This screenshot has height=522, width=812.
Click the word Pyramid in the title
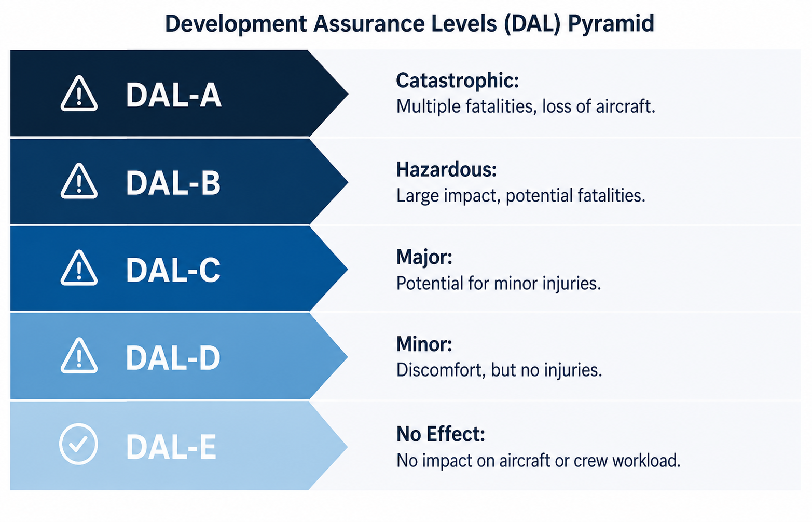(611, 24)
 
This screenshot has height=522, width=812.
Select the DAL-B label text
(173, 183)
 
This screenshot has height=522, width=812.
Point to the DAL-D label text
(173, 358)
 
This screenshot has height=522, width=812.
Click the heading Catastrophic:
(458, 81)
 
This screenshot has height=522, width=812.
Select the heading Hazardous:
(446, 169)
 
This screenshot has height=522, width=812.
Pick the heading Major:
(424, 258)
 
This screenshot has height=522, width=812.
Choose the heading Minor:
(424, 344)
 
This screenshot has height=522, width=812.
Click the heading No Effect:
(441, 434)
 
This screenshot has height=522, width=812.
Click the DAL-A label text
(174, 95)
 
